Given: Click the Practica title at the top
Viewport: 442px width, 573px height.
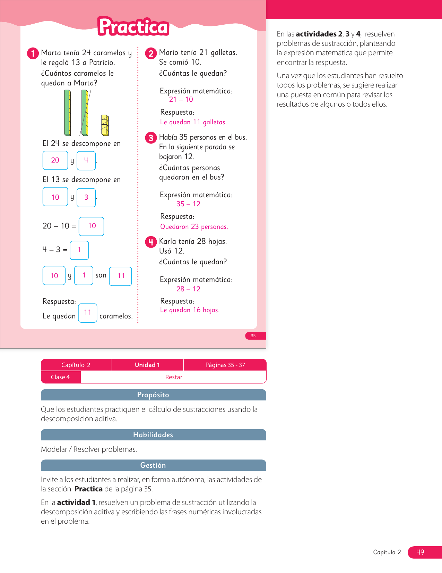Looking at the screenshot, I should point(133,27).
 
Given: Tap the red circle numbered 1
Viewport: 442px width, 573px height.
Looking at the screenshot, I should point(33,53).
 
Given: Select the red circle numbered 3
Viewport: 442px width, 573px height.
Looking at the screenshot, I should point(151,138).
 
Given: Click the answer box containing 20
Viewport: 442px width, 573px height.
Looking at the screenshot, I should point(55,160).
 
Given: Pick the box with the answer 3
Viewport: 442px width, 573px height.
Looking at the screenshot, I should point(86,197).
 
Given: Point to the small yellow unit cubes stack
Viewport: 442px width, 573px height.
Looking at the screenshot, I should point(105,125).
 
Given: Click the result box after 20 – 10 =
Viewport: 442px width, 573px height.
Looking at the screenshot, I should point(92,226).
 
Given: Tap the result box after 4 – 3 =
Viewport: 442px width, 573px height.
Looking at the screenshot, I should point(79,250).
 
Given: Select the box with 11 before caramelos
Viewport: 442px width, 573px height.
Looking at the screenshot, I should point(88,313).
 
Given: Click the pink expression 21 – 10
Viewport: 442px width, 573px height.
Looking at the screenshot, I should point(181,100).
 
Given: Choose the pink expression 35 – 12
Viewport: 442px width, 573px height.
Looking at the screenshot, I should point(188,204).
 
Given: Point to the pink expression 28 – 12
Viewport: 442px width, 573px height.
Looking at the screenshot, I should point(188,289).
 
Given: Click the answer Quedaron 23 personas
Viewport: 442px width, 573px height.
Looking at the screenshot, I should point(194,227).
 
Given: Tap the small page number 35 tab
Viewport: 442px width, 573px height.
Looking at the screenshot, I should point(253,336).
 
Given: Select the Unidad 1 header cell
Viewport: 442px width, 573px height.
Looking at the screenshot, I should point(147,365).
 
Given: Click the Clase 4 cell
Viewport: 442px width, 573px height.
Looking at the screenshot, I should point(60,377).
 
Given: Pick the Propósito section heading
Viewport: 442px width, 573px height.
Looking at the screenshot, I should point(153,395).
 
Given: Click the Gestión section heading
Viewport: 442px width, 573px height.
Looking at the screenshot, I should point(153,465).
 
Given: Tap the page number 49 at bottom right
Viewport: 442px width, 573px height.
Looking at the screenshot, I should point(421,552).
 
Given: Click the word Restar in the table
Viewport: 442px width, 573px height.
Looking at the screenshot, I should point(174,377).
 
